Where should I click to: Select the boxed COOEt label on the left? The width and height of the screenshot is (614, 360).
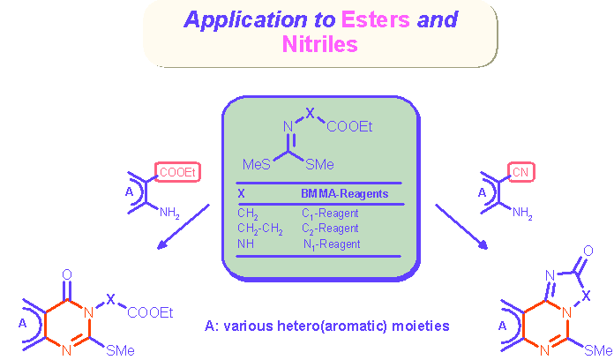(176, 172)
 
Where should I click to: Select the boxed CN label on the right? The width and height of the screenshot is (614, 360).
(518, 172)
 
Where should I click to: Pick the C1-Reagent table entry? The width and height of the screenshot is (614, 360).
(331, 214)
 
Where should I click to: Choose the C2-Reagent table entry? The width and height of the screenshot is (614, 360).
(331, 228)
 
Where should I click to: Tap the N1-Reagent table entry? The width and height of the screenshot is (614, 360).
(331, 243)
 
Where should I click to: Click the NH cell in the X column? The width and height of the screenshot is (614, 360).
(243, 243)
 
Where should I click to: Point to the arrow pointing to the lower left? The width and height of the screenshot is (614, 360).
(183, 226)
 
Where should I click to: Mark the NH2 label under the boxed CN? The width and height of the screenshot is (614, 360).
(523, 213)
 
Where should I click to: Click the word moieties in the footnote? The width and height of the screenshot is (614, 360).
(421, 326)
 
